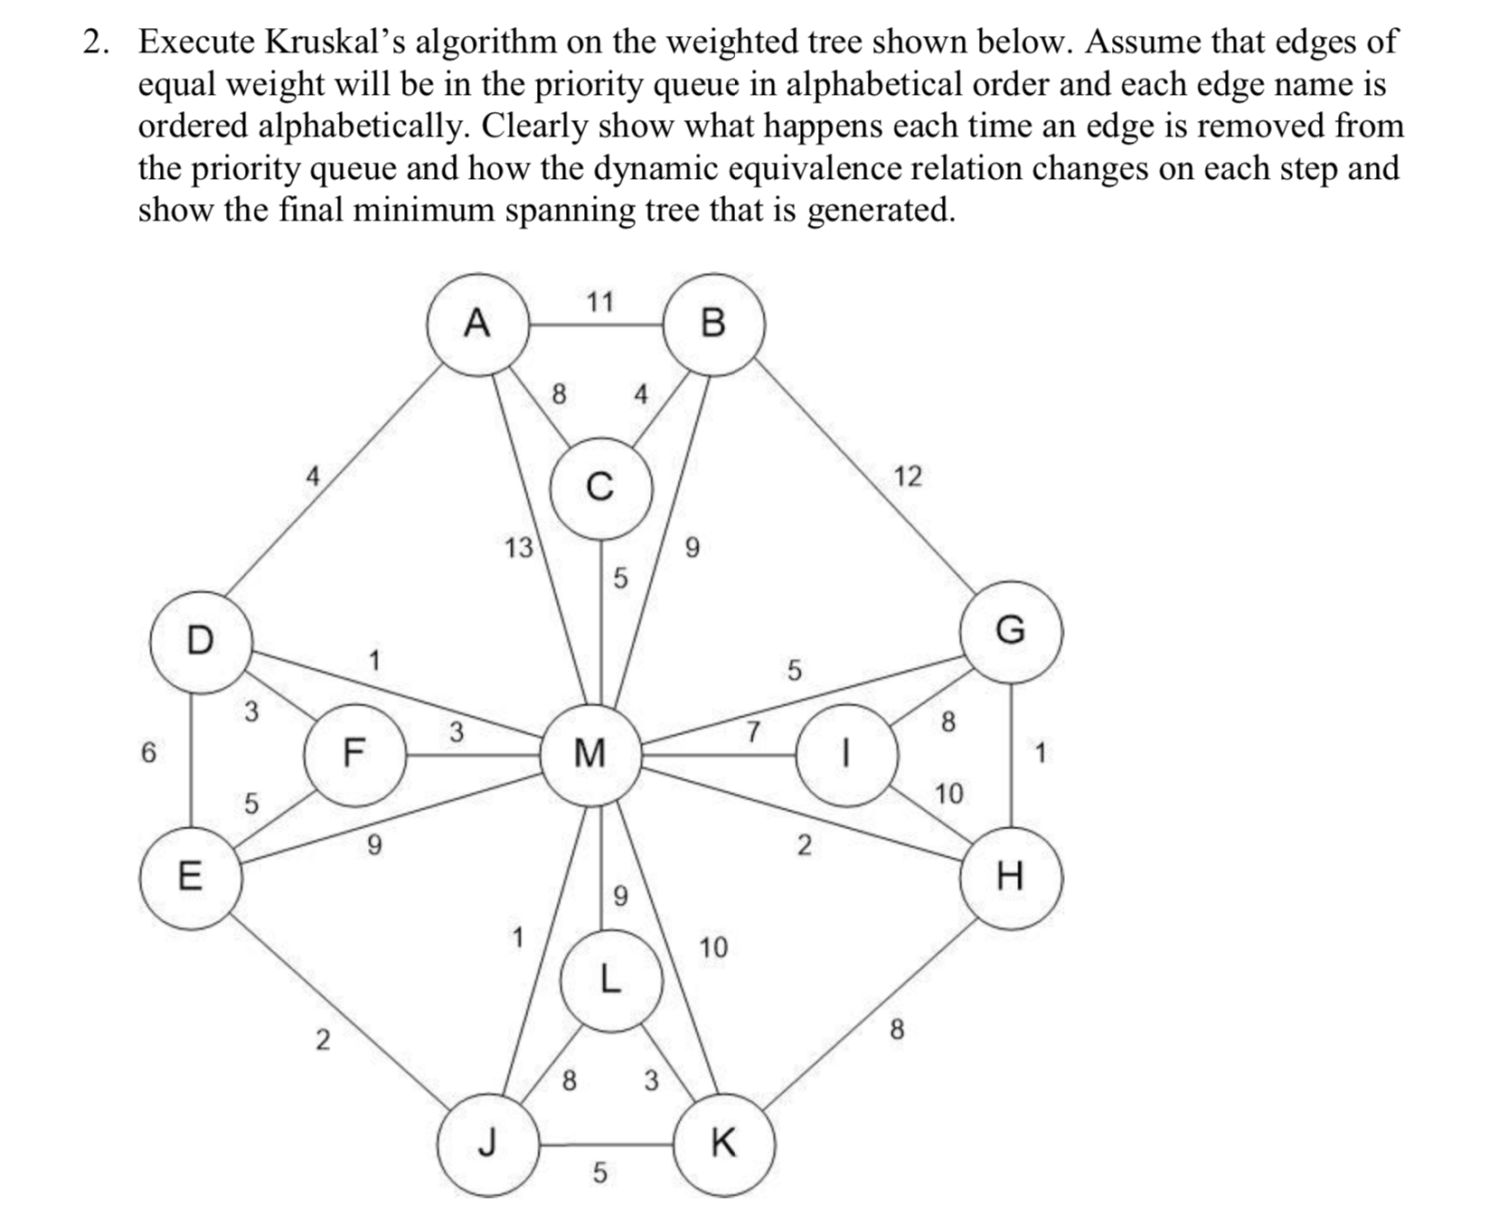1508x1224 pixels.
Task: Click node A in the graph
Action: coord(477,323)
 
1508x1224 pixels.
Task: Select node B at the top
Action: coord(713,323)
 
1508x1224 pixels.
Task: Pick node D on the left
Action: coord(200,641)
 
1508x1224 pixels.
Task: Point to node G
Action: coord(1011,630)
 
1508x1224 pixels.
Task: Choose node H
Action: coord(1010,876)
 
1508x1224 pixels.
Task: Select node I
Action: coord(846,754)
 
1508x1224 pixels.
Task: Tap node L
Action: coord(610,980)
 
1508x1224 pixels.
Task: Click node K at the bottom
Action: coord(723,1144)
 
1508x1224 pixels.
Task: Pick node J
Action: coord(488,1144)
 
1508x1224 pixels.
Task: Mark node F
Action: coord(353,753)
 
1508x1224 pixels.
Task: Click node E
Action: coord(190,877)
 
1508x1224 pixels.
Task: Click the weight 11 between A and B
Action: coord(599,301)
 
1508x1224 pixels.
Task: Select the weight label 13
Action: coord(519,548)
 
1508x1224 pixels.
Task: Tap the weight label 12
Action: coord(908,476)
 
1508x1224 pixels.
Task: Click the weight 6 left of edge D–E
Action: coord(148,752)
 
